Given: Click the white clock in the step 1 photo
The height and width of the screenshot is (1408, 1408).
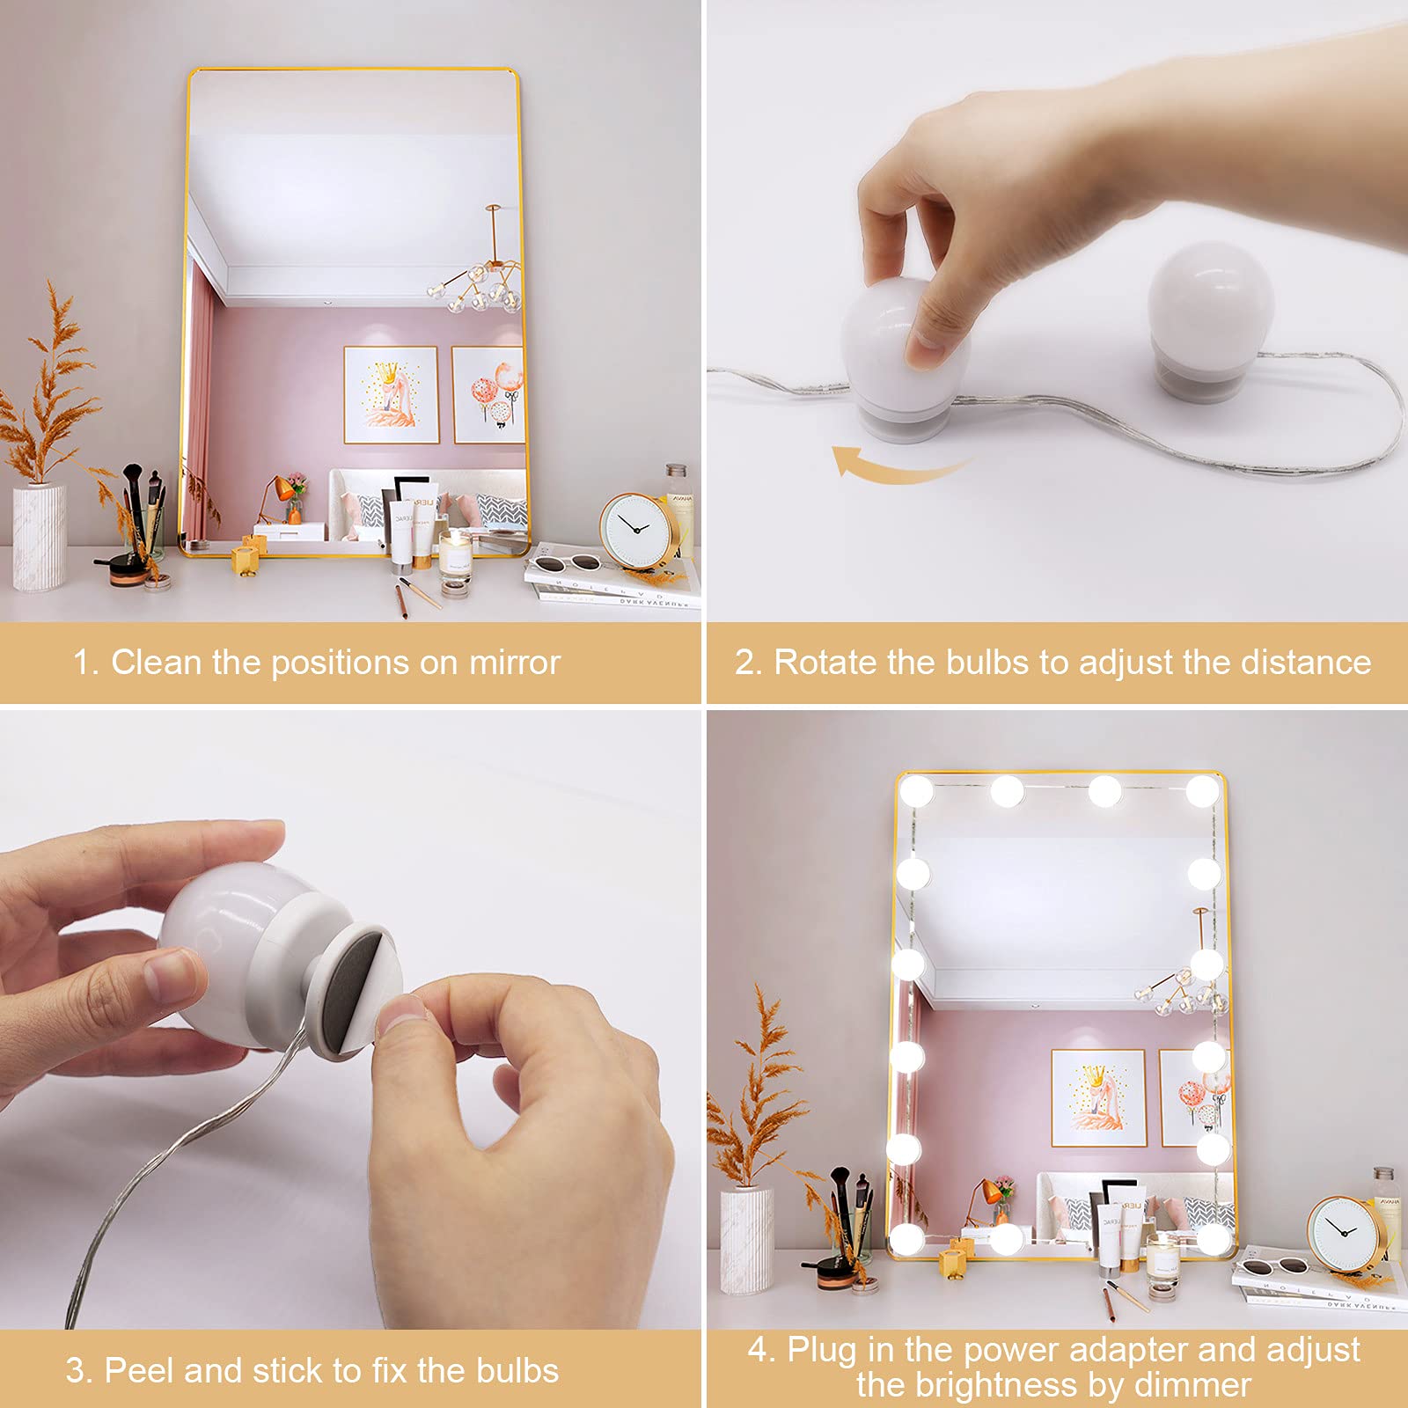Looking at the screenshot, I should click(x=635, y=531).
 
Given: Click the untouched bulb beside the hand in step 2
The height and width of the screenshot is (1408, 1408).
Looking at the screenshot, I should click(x=1210, y=321).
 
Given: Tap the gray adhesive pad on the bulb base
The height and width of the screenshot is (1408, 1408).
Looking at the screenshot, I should click(x=349, y=990).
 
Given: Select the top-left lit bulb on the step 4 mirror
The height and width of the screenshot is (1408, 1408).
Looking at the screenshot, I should click(x=915, y=790).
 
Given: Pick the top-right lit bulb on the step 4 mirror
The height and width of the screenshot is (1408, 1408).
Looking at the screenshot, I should click(x=1202, y=790).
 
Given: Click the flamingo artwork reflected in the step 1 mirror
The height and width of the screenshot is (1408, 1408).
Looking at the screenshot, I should click(x=390, y=394).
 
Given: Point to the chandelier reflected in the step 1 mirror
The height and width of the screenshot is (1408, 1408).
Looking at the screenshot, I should click(x=480, y=282).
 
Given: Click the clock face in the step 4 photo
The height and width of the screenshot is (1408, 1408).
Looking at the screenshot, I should click(x=1342, y=1232).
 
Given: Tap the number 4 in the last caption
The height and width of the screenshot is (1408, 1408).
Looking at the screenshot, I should click(x=759, y=1349).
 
